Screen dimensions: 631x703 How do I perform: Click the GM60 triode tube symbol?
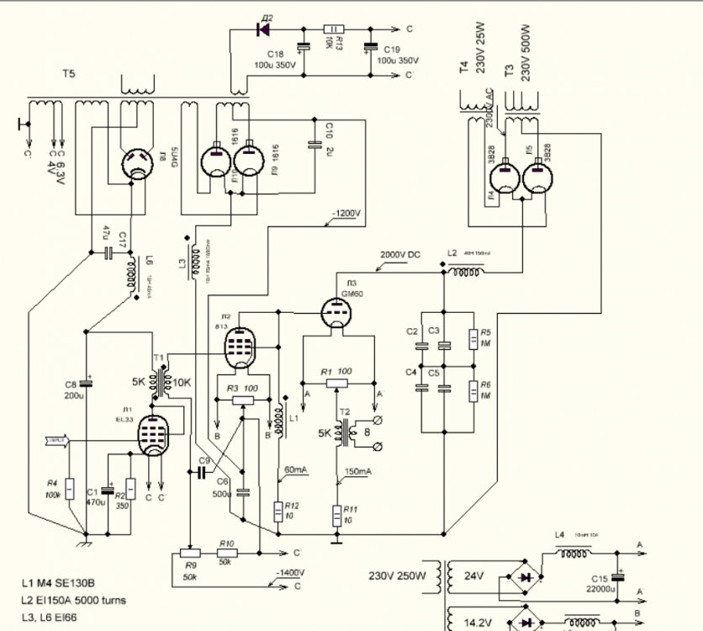339,315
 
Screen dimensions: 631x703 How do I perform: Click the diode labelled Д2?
262,29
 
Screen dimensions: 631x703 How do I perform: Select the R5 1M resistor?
473,337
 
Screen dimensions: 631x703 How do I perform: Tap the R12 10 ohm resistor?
279,511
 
